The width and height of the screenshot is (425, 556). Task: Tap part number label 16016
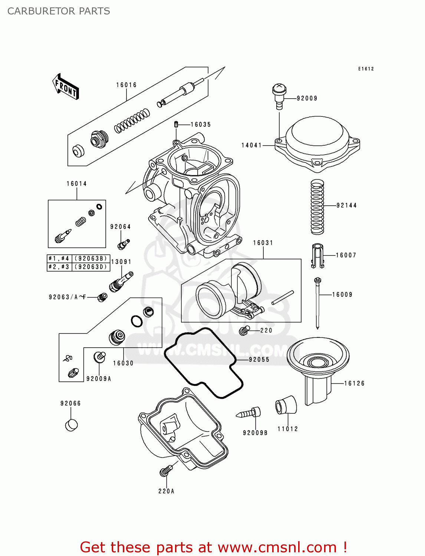pos(126,85)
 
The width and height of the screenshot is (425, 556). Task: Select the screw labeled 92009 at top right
pos(279,96)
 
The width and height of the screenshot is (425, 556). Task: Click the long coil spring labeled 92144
pos(317,207)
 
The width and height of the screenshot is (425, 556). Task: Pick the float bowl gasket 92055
pos(203,363)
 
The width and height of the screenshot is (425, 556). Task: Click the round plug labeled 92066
pos(71,425)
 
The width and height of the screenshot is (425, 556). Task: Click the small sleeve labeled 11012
pos(286,405)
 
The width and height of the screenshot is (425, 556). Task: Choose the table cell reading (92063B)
pos(91,258)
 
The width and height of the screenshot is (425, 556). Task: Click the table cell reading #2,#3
pos(59,267)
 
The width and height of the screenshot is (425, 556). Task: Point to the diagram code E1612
pos(366,69)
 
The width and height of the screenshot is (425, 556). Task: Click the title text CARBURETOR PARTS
pos(59,11)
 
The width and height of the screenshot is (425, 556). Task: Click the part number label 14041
pos(251,145)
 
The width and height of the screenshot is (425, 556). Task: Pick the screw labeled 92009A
pos(99,357)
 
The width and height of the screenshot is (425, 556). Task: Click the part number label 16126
pos(354,383)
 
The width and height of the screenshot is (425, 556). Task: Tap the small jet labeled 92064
pos(123,244)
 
